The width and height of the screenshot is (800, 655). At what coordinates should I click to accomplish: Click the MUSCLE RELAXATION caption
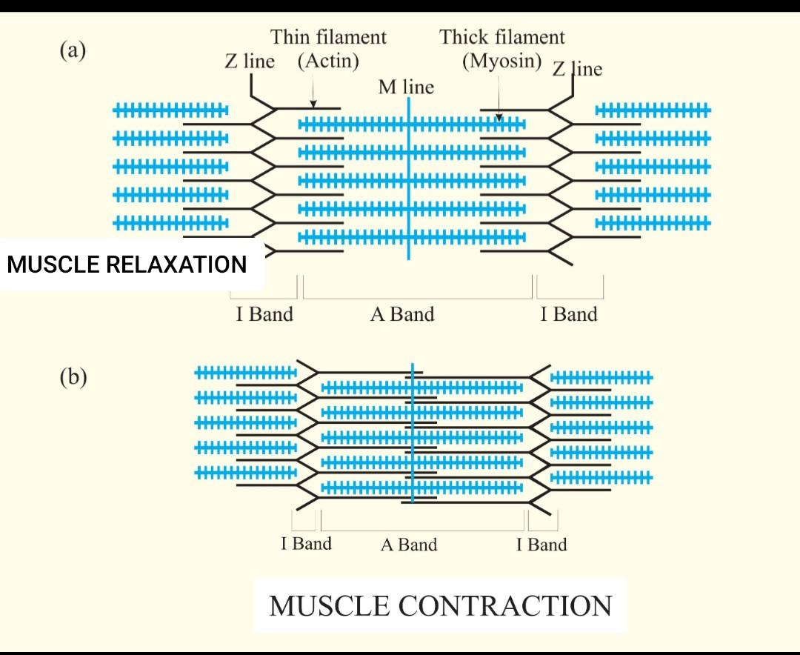point(127,264)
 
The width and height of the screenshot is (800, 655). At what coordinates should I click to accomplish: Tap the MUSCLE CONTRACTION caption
point(440,605)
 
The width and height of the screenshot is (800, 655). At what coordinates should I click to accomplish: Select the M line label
point(406,87)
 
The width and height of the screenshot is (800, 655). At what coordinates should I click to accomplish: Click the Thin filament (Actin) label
point(328,48)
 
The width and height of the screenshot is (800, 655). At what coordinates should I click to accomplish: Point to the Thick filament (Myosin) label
point(502,48)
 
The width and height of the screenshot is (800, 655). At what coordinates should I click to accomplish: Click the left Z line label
point(250,61)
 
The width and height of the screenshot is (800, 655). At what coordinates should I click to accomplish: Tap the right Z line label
point(576,69)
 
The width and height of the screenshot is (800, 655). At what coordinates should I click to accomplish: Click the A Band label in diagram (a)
point(402,314)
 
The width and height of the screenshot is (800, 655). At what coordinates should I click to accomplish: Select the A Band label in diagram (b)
point(409,545)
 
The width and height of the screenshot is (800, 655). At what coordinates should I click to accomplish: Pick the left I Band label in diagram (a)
point(264,314)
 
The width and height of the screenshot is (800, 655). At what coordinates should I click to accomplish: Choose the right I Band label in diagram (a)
point(568,314)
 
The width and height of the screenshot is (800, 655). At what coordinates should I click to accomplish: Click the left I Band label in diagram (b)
point(306,544)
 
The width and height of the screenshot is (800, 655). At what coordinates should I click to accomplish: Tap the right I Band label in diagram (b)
point(541,545)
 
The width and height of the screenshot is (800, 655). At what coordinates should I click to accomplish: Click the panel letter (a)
point(73,50)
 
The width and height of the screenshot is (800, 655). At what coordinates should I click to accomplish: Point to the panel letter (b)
point(73,377)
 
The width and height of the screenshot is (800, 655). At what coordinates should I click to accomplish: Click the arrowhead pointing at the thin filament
point(313,104)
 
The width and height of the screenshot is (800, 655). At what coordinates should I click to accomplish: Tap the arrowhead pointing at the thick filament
point(499,116)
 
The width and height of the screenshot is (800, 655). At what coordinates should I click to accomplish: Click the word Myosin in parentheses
point(502,61)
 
